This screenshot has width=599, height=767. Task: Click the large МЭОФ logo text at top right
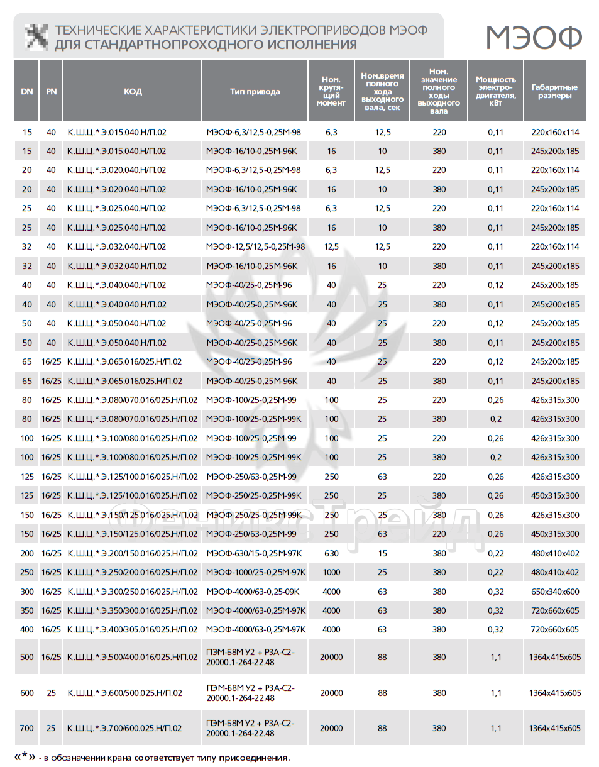pos(534,38)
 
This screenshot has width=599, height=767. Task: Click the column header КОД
pos(133,91)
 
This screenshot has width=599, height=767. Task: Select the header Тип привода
pos(255,91)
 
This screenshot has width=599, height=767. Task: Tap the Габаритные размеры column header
pos(554,91)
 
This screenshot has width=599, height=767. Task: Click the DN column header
pos(26,91)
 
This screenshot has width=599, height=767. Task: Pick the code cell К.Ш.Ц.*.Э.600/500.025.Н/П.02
pos(124,693)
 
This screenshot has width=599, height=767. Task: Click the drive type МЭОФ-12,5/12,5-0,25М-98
pos(255,246)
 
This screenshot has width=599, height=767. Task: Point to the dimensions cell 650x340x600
pos(554,592)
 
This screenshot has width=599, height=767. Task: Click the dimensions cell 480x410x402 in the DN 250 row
pos(554,572)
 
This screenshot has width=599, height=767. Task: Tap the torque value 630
pos(331,553)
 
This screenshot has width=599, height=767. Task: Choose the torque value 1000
pos(331,572)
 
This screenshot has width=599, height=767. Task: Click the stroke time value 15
pos(382,553)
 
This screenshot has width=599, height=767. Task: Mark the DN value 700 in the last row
pos(26,728)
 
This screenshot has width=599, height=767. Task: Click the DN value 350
pos(26,610)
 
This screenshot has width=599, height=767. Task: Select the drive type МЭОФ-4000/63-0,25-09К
pos(253,592)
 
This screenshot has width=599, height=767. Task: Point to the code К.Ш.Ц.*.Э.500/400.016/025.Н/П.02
pos(132,657)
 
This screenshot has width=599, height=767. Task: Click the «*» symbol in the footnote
pos(25,756)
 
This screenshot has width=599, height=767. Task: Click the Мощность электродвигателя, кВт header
pos(495,91)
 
